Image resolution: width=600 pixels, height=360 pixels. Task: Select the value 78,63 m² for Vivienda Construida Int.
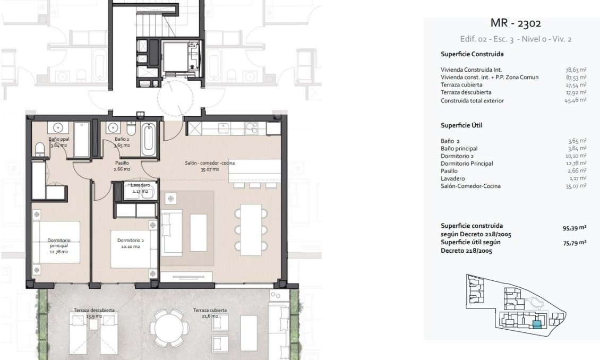click(576, 70)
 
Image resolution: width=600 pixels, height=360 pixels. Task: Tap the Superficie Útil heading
click(461, 125)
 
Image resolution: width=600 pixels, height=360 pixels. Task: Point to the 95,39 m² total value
click(574, 227)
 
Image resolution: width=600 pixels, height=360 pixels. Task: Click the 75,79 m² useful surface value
click(574, 242)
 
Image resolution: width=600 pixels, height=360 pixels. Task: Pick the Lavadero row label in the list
click(452, 178)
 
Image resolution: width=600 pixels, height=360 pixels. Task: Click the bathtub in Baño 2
click(149, 139)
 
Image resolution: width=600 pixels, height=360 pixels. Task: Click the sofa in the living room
click(171, 233)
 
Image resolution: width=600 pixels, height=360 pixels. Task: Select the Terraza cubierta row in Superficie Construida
click(461, 84)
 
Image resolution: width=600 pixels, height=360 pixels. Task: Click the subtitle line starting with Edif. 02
click(515, 39)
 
